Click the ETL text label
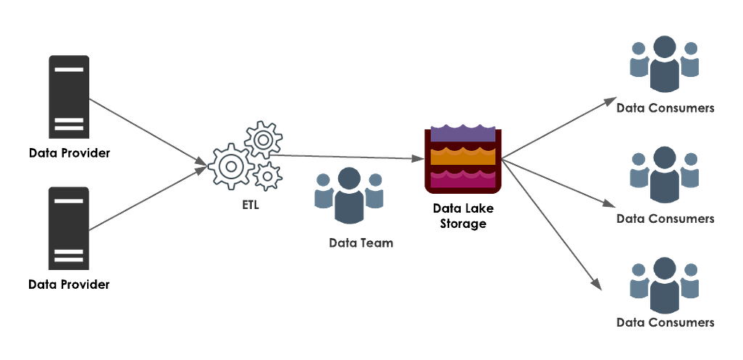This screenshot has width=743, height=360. click(x=250, y=206)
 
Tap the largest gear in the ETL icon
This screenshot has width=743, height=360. click(x=231, y=166)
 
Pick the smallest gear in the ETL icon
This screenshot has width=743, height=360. click(x=268, y=176)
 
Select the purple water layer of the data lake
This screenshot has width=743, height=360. click(x=462, y=134)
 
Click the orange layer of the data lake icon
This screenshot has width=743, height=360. click(x=462, y=156)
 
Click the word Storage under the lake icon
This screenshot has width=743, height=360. click(x=463, y=224)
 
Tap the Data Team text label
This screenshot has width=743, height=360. click(x=361, y=243)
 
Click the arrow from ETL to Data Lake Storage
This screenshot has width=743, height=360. click(x=348, y=157)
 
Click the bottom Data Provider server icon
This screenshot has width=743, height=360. click(x=69, y=229)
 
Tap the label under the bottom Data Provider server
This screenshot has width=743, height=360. click(x=69, y=285)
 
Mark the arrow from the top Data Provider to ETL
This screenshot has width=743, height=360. click(x=148, y=132)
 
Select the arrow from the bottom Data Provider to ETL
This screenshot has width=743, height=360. click(x=148, y=198)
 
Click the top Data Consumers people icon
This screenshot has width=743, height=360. click(x=665, y=65)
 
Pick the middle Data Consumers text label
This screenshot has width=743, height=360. click(x=665, y=219)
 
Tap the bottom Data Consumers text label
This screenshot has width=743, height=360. click(x=665, y=322)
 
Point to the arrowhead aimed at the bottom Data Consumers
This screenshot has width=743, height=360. click(x=596, y=283)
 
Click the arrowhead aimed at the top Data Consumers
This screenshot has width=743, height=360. click(x=609, y=102)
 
